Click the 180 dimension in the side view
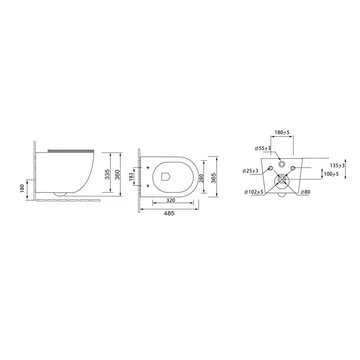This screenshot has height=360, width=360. click(22, 189)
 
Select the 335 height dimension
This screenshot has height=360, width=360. click(107, 175)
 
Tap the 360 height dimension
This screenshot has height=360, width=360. click(117, 175)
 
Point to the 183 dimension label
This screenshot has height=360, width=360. click(131, 176)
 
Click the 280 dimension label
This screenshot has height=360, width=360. click(201, 178)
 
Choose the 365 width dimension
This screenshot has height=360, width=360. click(213, 178)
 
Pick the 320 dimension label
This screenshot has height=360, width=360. click(171, 200)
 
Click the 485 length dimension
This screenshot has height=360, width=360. click(169, 213)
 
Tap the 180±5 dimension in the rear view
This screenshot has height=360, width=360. click(282, 132)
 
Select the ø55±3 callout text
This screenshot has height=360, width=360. click(263, 148)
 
